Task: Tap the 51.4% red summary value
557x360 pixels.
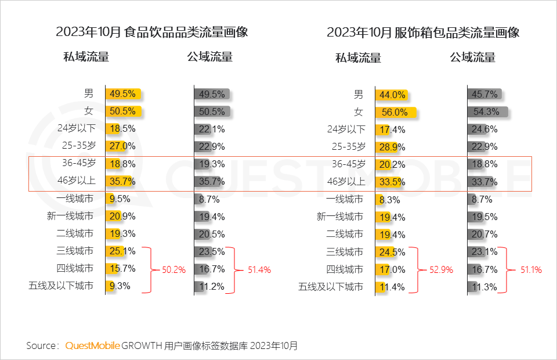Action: pos(259,270)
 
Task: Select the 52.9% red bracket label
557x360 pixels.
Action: pos(441,270)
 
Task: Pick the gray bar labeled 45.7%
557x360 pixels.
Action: pos(484,94)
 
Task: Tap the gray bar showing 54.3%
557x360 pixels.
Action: pos(488,111)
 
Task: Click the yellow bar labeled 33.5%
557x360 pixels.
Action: pos(390,181)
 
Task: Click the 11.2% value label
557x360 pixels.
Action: pos(213,286)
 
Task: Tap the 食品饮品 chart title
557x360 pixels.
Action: pos(152,32)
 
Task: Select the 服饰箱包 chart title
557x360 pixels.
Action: pos(423,32)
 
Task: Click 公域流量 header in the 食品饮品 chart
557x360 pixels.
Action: pos(209,57)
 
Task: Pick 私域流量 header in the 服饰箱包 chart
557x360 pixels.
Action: pos(358,57)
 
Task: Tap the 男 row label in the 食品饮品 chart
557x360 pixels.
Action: pos(88,93)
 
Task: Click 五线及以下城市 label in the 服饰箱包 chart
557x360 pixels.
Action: pos(331,286)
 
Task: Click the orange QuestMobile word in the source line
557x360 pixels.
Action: pos(93,345)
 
